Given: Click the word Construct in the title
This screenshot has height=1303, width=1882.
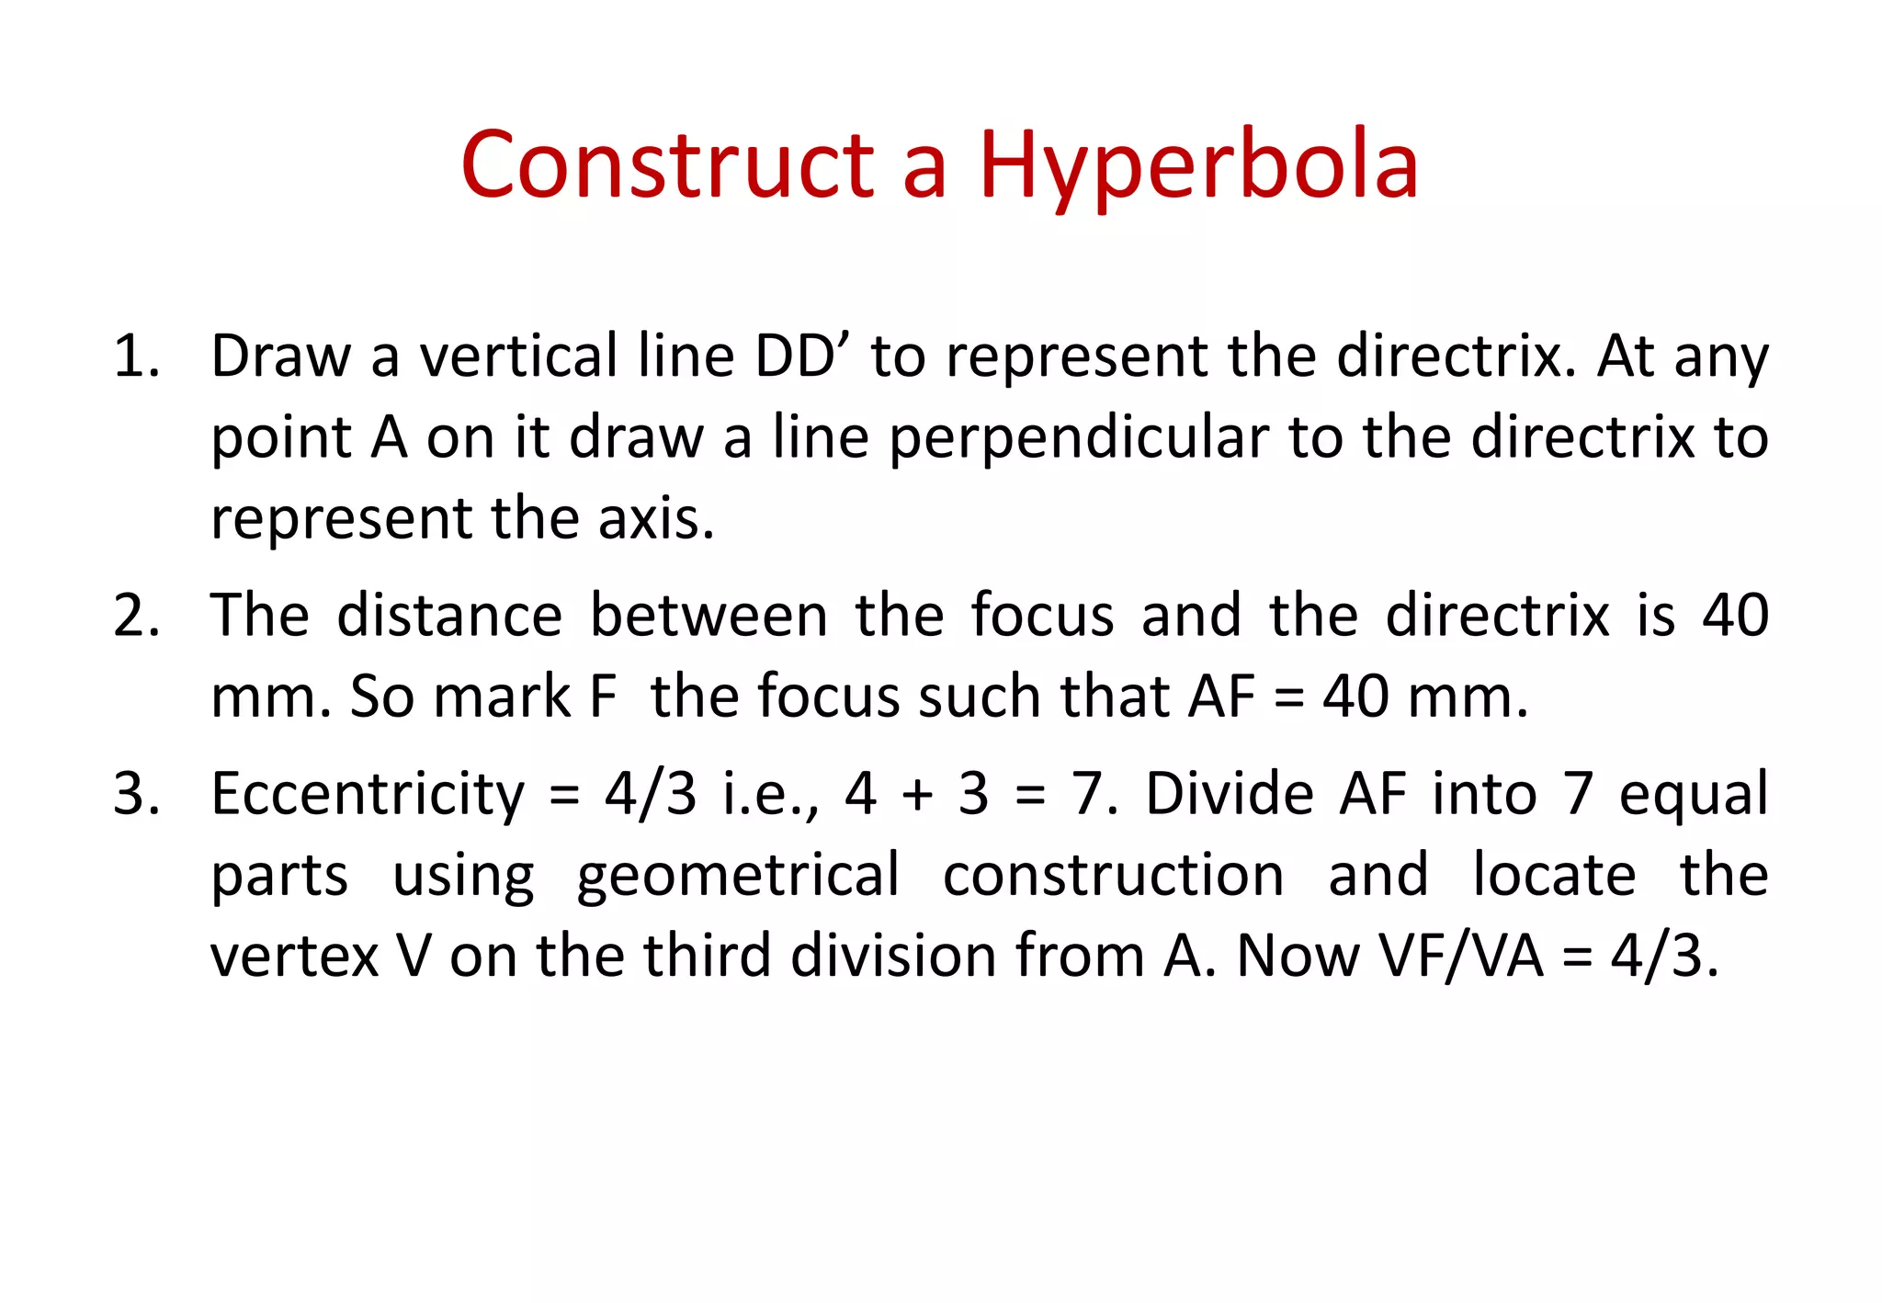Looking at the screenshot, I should pos(667,164).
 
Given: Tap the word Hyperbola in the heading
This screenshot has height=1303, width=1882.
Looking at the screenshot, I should pos(1198,166).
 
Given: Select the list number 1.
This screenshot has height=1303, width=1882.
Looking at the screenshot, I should pos(136,357).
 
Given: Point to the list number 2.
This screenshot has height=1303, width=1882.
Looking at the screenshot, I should pos(136,616).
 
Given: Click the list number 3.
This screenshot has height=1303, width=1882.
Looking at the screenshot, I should pos(136,794).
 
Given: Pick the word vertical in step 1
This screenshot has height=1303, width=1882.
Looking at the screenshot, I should pos(518,357).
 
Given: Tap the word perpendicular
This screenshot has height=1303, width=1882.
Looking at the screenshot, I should pos(1079,437).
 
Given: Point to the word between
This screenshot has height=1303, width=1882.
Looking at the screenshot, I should pos(709,616).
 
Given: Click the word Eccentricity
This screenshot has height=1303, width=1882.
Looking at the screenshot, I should pos(368,794).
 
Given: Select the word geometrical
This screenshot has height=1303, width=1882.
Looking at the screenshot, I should pos(738,875).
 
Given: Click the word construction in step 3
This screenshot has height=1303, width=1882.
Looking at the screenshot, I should pos(1114,875).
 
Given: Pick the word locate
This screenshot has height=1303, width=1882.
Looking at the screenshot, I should pos(1554,875).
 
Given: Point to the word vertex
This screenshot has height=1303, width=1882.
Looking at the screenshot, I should pos(294,956).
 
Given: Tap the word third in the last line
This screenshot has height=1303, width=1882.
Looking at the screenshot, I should pos(706,956).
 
